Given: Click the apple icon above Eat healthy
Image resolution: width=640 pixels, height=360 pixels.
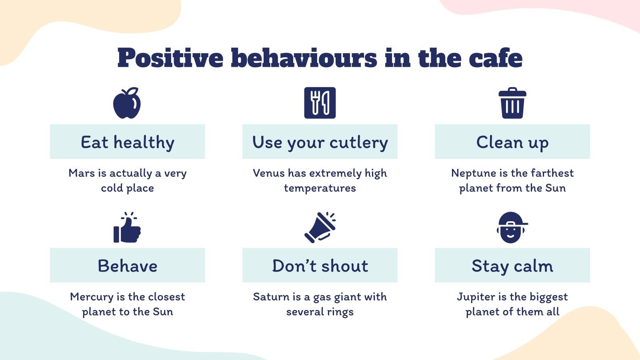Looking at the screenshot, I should coord(127,103).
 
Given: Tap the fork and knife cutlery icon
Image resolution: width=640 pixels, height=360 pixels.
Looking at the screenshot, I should coord(320,103).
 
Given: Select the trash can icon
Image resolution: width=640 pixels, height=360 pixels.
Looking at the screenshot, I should coord(512,103).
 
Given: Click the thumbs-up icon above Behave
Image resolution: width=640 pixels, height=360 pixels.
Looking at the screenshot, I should coord(127,228).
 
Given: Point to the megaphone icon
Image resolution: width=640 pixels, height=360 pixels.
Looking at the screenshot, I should coord(320,227).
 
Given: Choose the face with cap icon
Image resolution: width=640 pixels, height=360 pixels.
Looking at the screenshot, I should coord(512,228).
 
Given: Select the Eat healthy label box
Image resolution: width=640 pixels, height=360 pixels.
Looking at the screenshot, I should coord(127,142).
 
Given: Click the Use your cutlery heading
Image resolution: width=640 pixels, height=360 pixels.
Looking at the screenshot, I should coord(320,142).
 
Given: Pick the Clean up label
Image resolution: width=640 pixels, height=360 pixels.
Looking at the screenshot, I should coord(512,142).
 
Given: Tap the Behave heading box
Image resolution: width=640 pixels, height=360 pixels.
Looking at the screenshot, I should coord(127,266).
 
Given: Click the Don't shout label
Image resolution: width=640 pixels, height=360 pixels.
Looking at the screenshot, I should coord(320,266).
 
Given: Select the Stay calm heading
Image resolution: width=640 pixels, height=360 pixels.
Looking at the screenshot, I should coord(512,266).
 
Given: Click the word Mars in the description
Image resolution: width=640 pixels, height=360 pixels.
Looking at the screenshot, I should coord(82,173).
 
